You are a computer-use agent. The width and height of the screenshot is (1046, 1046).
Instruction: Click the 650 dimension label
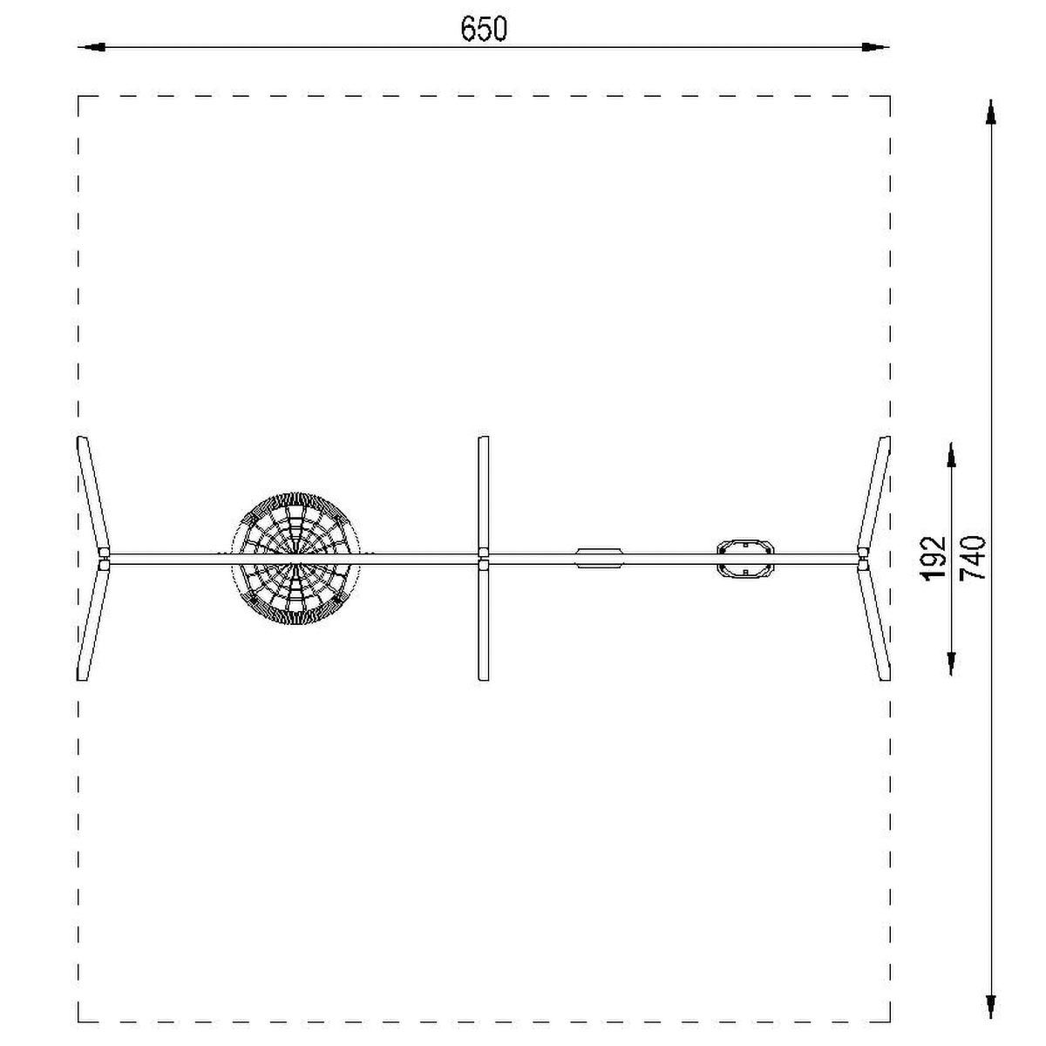click(x=483, y=29)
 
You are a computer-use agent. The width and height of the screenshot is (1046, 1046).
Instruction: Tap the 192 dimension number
click(x=934, y=559)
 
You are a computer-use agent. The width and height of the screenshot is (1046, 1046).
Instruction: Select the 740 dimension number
click(x=972, y=558)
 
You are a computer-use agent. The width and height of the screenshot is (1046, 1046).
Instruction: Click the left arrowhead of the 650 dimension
click(x=92, y=47)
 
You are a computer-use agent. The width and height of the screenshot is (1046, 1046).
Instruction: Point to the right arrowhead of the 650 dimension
click(x=876, y=47)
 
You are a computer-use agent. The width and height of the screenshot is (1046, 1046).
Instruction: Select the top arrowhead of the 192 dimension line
click(x=951, y=455)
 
